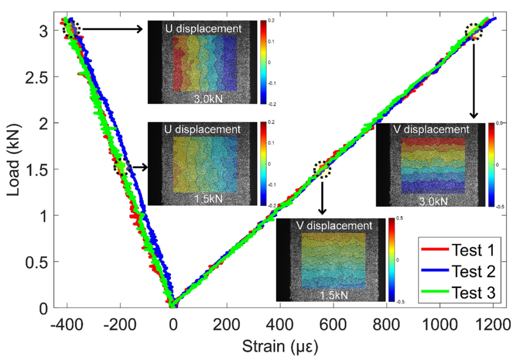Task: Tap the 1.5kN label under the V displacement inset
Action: [x=331, y=295]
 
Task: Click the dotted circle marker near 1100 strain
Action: [x=474, y=33]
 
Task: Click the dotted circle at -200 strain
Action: [x=122, y=166]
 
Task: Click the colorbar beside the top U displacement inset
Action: [x=263, y=62]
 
